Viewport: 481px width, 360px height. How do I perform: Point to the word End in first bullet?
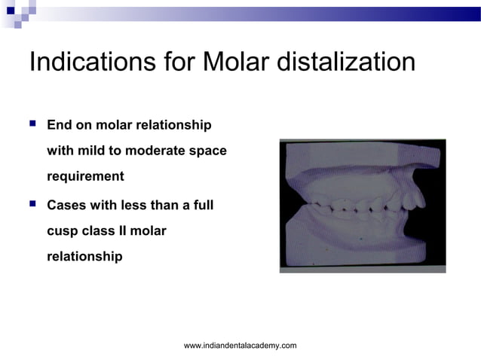click(x=60, y=124)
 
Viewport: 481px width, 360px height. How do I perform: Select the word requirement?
click(x=85, y=177)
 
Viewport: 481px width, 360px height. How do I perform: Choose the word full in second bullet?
click(x=201, y=205)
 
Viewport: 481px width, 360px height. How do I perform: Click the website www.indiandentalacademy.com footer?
click(x=240, y=345)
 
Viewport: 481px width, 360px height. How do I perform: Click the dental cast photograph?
click(x=362, y=205)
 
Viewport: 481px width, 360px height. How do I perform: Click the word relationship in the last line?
click(x=84, y=257)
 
